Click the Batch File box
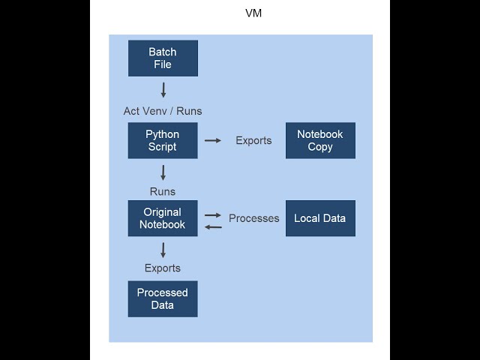[163, 58]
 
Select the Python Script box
[163, 140]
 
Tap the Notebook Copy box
[320, 140]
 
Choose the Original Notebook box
[163, 218]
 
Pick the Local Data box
[320, 218]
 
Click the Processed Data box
[163, 298]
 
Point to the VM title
[254, 13]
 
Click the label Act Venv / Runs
[163, 111]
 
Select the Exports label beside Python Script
[253, 140]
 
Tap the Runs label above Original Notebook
[163, 191]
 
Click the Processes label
[253, 218]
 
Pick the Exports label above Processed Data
[163, 268]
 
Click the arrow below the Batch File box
[163, 90]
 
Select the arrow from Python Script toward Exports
[213, 140]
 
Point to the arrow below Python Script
[163, 172]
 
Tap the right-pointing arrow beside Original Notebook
[213, 214]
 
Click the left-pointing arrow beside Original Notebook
[213, 226]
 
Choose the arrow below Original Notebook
[163, 250]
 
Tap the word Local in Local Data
[306, 218]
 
